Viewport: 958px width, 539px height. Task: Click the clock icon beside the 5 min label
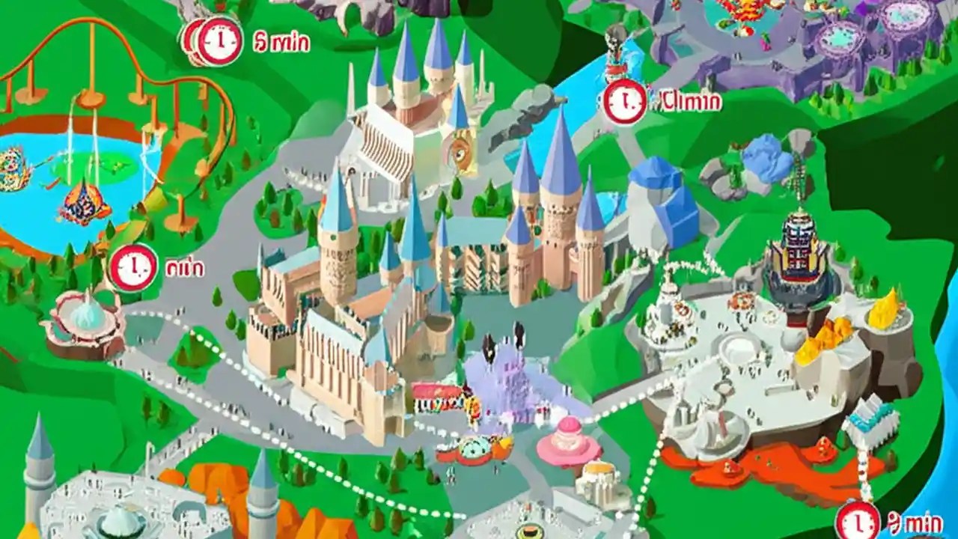tap(219, 40)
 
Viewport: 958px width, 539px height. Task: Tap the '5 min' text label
tap(281, 41)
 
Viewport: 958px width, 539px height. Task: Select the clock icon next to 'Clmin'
tap(624, 102)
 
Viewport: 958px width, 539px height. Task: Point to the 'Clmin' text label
tap(690, 100)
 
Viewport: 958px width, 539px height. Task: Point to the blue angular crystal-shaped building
tap(662, 198)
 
